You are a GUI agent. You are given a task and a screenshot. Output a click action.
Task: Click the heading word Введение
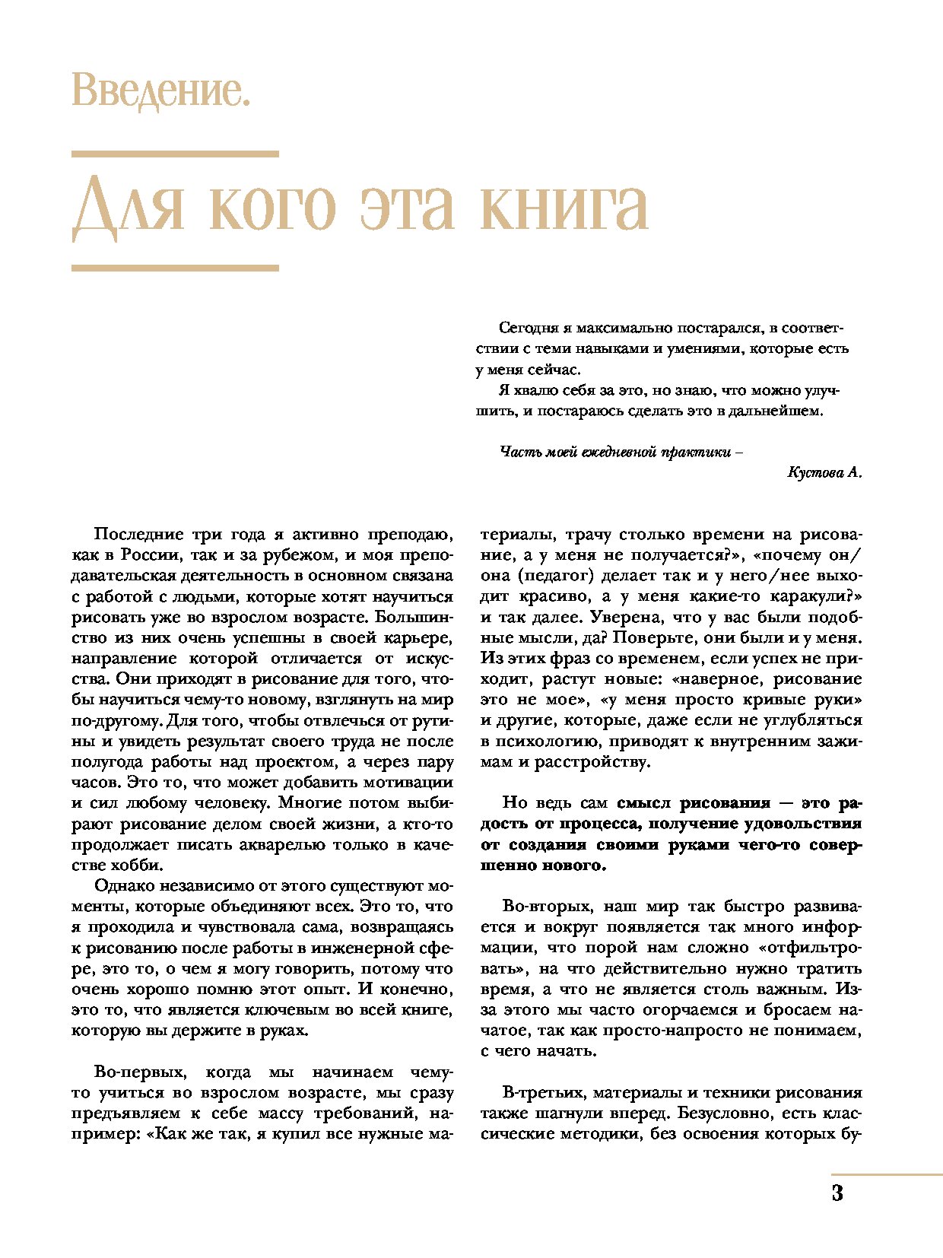point(160,91)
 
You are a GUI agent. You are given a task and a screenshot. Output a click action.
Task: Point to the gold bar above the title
point(175,154)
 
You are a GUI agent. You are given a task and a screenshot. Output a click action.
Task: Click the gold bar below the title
point(175,268)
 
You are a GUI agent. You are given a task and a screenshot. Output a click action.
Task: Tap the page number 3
point(837,1193)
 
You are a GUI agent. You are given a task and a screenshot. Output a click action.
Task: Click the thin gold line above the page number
point(886,1174)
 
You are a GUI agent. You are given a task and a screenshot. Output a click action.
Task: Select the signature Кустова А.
point(824,472)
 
